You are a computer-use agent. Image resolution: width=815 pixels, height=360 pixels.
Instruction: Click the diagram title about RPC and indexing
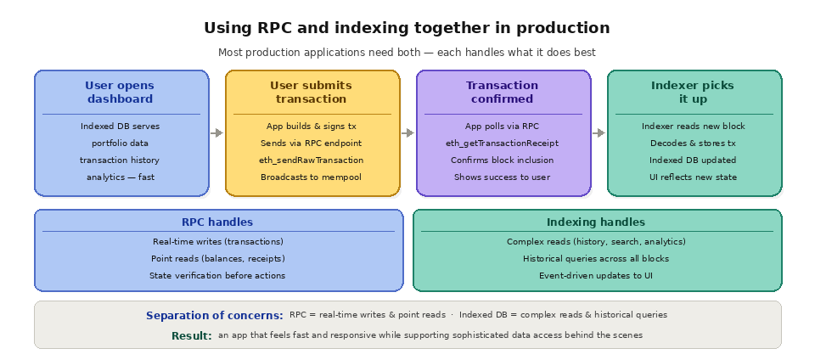[x=407, y=28]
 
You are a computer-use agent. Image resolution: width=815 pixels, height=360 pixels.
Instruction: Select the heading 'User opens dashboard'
[x=120, y=92]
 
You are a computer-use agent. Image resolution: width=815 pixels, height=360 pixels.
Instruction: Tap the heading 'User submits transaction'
[x=311, y=92]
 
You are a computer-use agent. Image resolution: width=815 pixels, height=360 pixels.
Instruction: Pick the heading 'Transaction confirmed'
[x=502, y=92]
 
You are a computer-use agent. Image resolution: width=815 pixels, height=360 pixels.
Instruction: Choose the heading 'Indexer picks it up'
[x=693, y=92]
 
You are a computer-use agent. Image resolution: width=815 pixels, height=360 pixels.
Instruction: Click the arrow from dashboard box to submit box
[x=216, y=132]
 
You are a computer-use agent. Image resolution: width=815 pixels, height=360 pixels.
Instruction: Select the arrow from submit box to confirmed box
[x=407, y=132]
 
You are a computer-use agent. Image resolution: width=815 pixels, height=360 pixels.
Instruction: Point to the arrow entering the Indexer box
[x=599, y=132]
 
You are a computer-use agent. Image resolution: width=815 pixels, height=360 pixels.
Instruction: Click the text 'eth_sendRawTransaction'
[x=311, y=160]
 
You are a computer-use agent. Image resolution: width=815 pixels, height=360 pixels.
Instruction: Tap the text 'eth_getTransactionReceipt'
[x=502, y=143]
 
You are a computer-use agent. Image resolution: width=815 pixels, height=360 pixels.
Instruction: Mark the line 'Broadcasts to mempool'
[x=311, y=177]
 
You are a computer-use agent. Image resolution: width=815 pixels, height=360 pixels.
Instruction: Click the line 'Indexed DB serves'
[x=120, y=126]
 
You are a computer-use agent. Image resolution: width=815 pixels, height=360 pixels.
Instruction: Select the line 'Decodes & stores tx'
[x=693, y=143]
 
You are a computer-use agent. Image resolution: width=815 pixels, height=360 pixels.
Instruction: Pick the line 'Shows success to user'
[x=502, y=177]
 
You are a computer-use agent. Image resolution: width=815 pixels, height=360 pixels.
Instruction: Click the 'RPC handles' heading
[x=217, y=222]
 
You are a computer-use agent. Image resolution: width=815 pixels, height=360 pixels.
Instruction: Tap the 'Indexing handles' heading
[x=596, y=222]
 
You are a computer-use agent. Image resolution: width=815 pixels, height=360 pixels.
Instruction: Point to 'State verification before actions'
[x=217, y=275]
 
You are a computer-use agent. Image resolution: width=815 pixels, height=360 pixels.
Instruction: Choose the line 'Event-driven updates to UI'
[x=596, y=275]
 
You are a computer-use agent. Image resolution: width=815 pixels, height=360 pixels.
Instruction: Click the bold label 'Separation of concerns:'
[x=215, y=315]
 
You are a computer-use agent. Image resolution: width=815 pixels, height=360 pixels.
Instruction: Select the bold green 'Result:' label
[x=192, y=335]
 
